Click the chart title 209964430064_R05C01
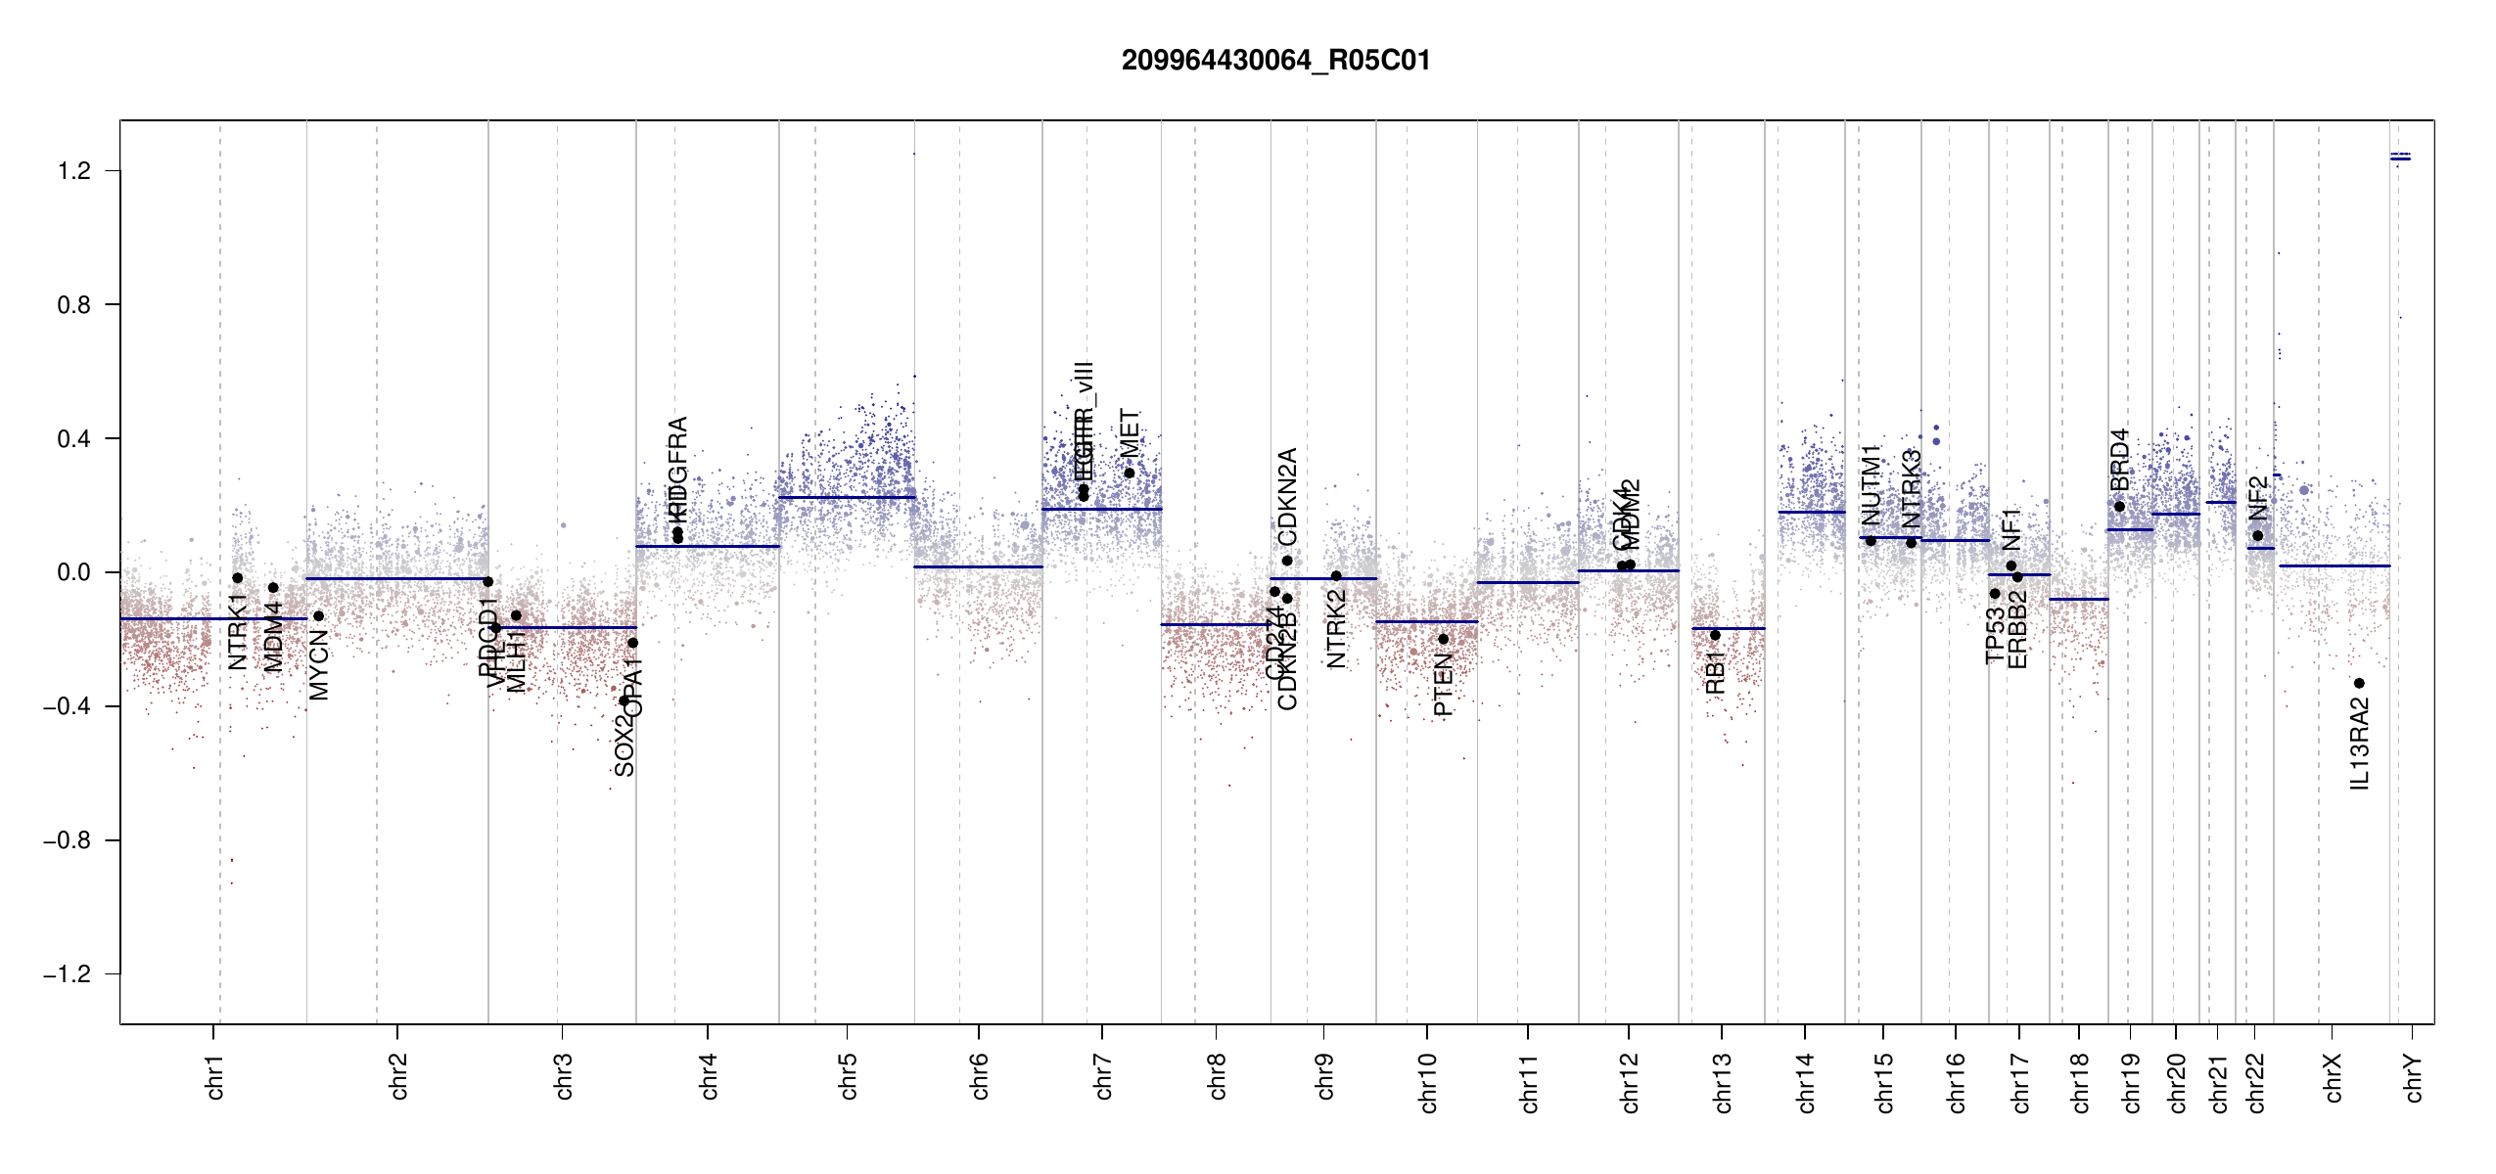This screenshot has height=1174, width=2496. click(x=1275, y=61)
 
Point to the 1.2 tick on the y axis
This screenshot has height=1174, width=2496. click(x=74, y=171)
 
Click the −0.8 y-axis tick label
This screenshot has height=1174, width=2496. click(x=68, y=840)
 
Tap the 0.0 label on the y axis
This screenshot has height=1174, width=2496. click(x=74, y=572)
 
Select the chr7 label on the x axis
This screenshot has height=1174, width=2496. click(x=1103, y=1076)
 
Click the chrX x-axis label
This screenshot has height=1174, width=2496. click(x=2333, y=1077)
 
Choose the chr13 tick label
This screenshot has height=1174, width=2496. click(x=1722, y=1082)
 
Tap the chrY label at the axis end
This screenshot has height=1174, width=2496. click(x=2414, y=1077)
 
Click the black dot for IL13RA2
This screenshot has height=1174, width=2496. click(x=2359, y=683)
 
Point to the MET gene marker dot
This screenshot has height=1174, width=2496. click(x=1129, y=473)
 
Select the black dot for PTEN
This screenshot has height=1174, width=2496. click(x=1443, y=639)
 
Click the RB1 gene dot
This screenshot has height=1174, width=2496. click(x=1715, y=635)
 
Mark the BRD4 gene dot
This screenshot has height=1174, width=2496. click(x=2119, y=506)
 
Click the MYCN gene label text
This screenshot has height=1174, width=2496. click(x=319, y=665)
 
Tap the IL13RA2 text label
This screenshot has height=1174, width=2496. click(x=2360, y=744)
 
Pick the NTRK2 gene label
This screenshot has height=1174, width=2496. click(x=1336, y=629)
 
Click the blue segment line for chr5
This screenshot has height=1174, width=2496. click(x=847, y=498)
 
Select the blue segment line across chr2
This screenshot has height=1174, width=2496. click(x=396, y=578)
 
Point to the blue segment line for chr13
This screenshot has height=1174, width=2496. click(x=1728, y=628)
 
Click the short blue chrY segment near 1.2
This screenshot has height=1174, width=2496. click(x=2400, y=158)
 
